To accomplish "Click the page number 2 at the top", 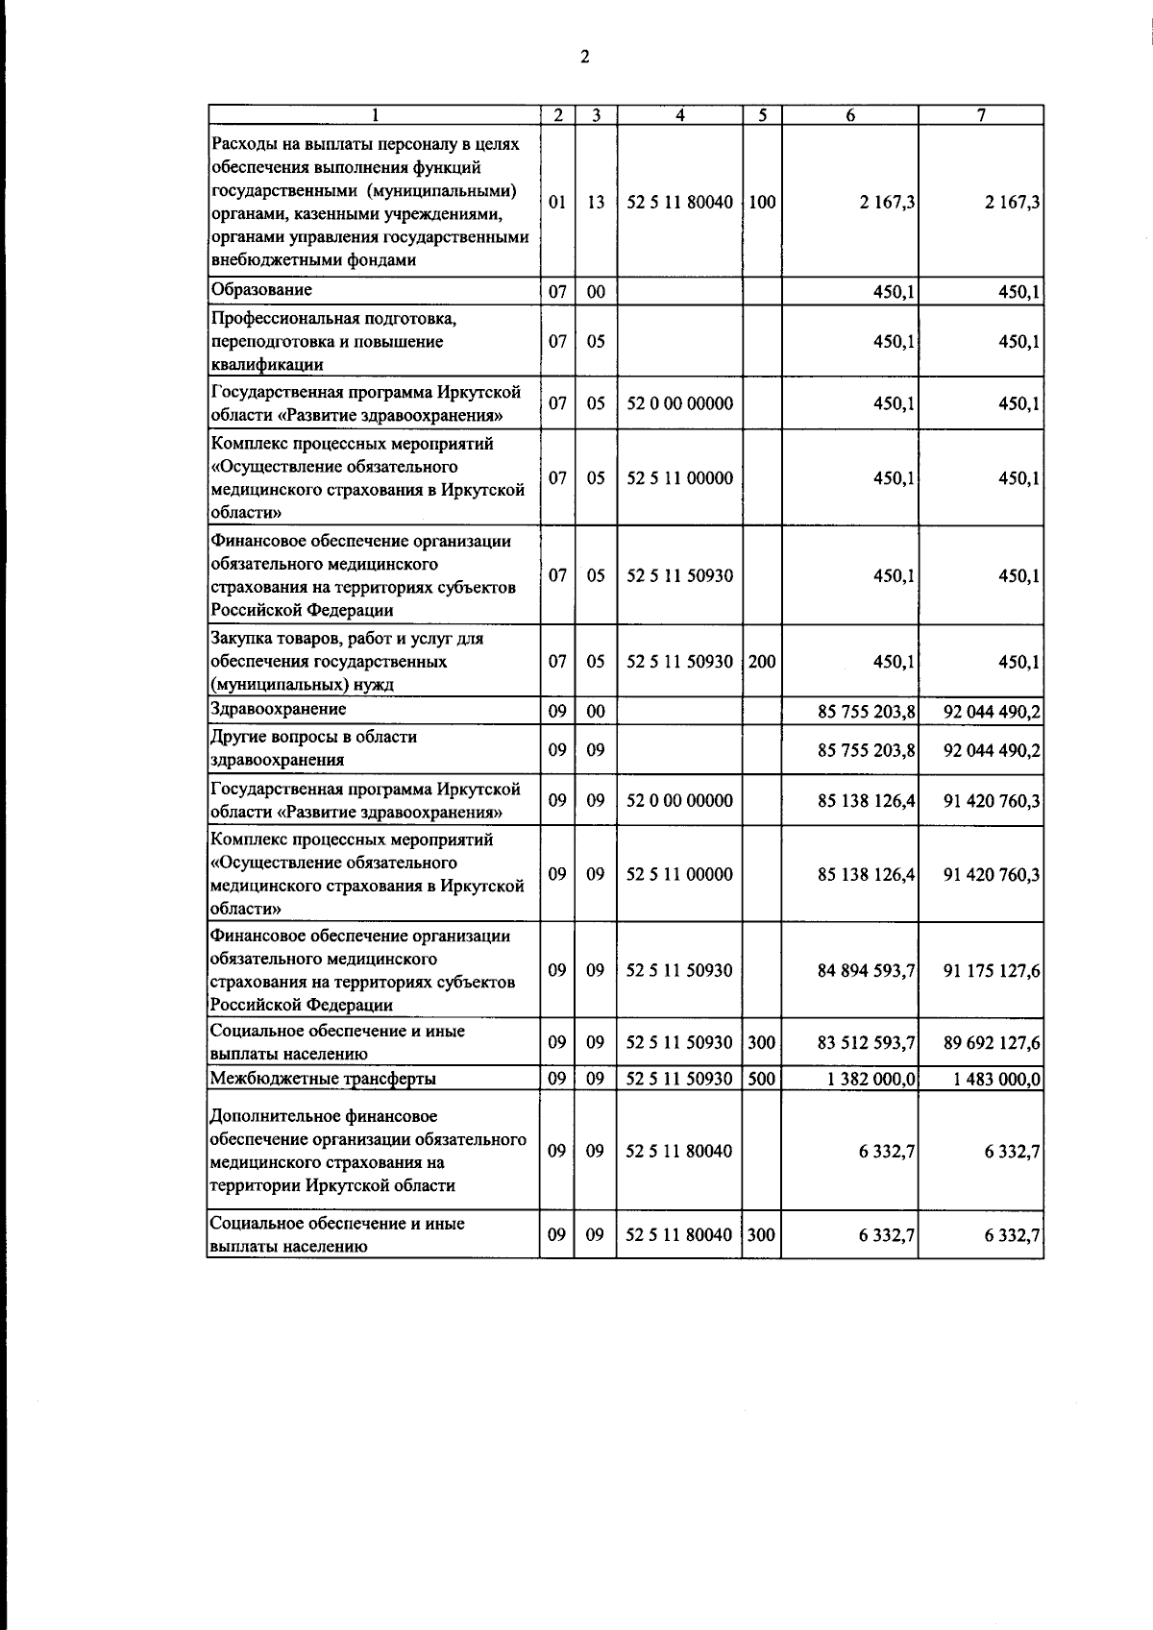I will point(584,57).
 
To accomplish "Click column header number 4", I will point(680,115).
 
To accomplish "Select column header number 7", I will point(981,115).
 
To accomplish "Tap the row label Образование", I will point(261,290).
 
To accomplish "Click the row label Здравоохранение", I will point(278,709).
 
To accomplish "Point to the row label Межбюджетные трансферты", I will point(323,1079).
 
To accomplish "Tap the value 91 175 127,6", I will point(992,970).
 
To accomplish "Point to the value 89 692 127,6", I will point(992,1042).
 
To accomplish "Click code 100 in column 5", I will point(762,203).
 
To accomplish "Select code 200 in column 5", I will point(762,662).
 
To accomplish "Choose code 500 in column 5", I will point(762,1079).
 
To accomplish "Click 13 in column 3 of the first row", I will point(596,203).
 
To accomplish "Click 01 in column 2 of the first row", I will point(557,203).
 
